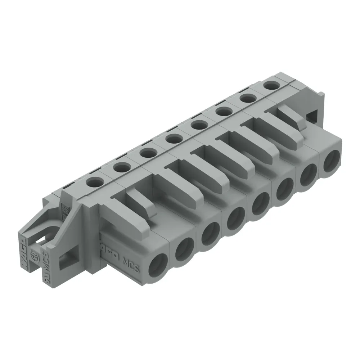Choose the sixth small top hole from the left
click(x=222, y=112)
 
